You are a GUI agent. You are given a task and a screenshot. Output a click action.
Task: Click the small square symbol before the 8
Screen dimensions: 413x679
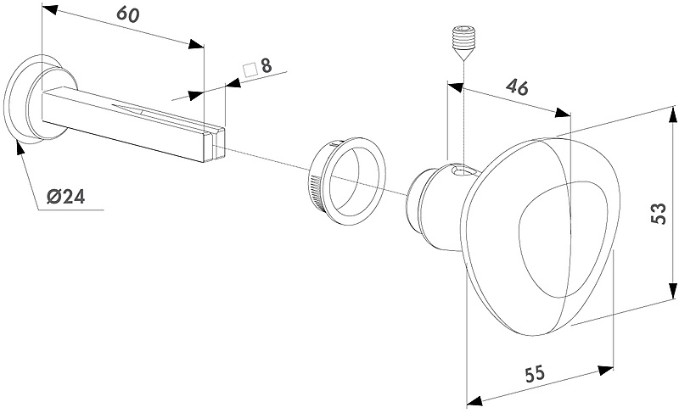[250, 70]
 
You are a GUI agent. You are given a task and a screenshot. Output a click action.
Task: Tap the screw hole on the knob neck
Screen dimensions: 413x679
[461, 171]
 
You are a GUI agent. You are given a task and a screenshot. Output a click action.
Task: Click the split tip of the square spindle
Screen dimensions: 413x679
[216, 144]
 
